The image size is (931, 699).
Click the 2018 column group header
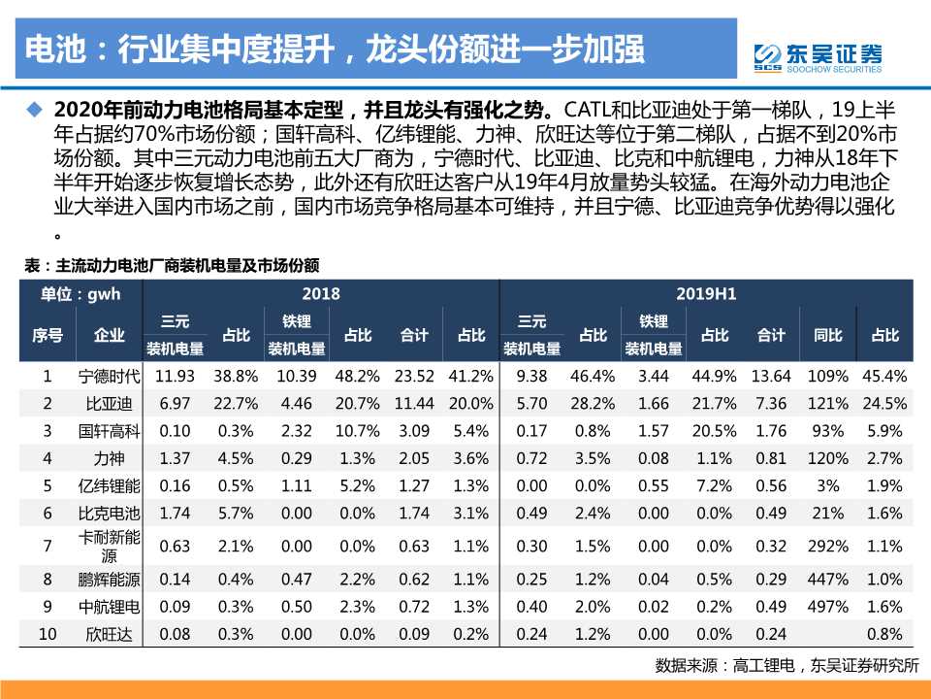(x=320, y=293)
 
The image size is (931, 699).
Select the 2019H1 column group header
(x=706, y=293)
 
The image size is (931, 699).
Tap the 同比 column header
(x=827, y=335)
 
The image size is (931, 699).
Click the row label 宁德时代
(x=109, y=376)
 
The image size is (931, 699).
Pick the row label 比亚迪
(x=109, y=402)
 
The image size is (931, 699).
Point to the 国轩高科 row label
(x=109, y=429)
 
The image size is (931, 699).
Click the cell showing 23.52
(x=414, y=376)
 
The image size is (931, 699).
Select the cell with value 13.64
(x=772, y=376)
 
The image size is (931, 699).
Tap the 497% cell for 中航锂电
(x=827, y=607)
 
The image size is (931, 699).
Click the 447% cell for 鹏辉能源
(x=827, y=580)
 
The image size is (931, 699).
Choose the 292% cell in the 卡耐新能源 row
(x=827, y=547)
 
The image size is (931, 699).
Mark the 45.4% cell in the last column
(x=883, y=376)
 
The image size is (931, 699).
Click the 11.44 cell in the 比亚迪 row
(x=414, y=402)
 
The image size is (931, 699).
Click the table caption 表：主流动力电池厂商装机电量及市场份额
(x=173, y=265)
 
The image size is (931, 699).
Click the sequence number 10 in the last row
(x=48, y=634)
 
